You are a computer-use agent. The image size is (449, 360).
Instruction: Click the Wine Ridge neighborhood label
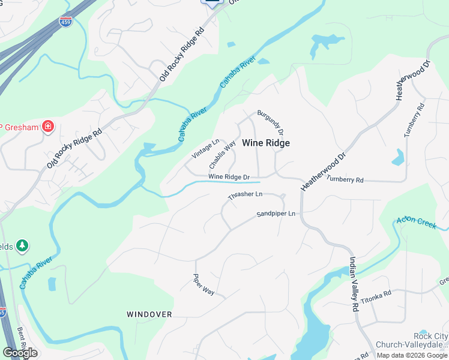[266, 143]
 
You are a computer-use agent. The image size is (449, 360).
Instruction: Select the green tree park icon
[22, 245]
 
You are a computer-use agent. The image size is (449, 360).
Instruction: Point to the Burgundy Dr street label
[270, 122]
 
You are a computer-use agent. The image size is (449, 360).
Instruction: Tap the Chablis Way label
[222, 155]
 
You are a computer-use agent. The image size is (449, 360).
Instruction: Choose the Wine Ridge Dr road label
[229, 177]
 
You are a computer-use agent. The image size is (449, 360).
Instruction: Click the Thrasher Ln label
[246, 195]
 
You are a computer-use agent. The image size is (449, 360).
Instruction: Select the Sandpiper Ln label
[276, 214]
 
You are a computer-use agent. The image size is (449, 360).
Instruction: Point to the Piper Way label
[203, 284]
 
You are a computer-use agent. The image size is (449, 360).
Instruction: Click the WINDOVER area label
[149, 314]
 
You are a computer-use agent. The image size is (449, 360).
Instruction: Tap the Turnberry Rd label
[345, 179]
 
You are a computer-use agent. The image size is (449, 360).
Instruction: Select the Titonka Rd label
[376, 295]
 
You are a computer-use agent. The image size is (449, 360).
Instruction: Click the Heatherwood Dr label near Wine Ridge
[324, 172]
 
